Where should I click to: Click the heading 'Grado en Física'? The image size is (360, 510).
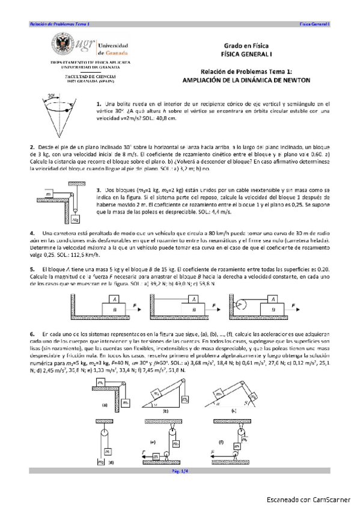click(x=246, y=46)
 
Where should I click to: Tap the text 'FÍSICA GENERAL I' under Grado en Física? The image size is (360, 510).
click(x=246, y=54)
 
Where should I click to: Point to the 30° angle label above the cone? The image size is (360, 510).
click(x=52, y=96)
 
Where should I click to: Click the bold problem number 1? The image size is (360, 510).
click(x=97, y=105)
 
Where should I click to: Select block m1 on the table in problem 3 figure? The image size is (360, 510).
click(x=48, y=194)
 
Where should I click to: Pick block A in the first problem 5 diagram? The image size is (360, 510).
click(x=113, y=298)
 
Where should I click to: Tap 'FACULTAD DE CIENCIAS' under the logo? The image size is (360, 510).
click(x=91, y=77)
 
